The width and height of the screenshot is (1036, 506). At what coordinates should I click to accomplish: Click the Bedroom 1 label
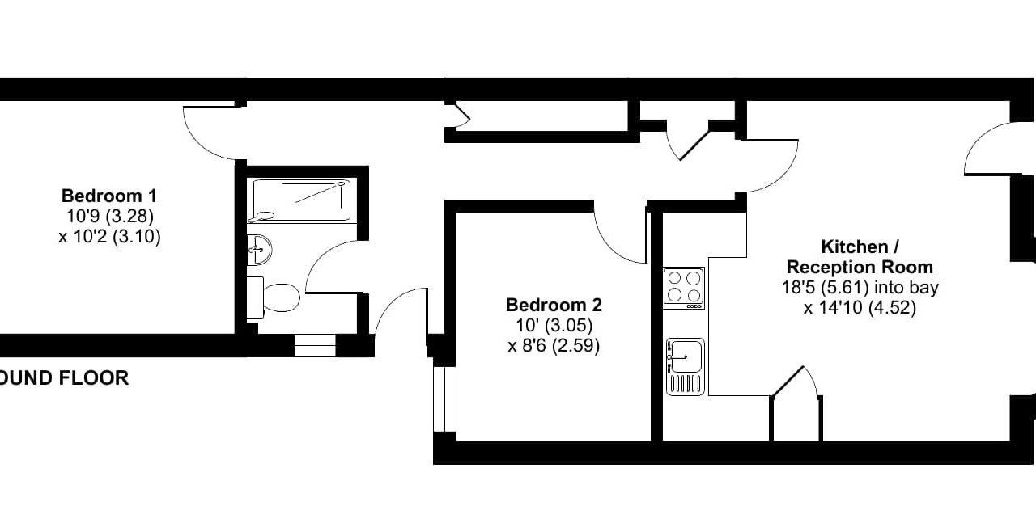point(109,196)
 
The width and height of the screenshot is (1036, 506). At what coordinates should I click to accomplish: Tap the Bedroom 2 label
point(554,306)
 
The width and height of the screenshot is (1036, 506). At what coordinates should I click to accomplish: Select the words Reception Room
point(860,268)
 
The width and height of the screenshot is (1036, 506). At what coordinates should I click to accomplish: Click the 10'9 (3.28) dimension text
point(110,216)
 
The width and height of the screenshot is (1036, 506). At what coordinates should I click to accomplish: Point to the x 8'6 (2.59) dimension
point(554,346)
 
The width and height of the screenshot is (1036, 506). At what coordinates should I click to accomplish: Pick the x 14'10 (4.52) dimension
point(860,308)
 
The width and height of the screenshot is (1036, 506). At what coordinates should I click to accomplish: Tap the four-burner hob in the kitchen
point(684,288)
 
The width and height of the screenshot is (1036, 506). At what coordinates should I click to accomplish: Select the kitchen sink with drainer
point(685,367)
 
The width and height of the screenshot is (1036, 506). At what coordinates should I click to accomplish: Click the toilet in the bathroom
point(273,297)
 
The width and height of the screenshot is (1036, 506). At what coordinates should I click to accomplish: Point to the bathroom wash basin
point(258,250)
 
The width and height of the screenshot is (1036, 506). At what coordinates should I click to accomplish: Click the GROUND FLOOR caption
point(64,378)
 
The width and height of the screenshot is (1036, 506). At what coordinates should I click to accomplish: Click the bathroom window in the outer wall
point(315,345)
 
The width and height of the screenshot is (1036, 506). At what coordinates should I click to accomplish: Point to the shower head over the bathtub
point(341,183)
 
